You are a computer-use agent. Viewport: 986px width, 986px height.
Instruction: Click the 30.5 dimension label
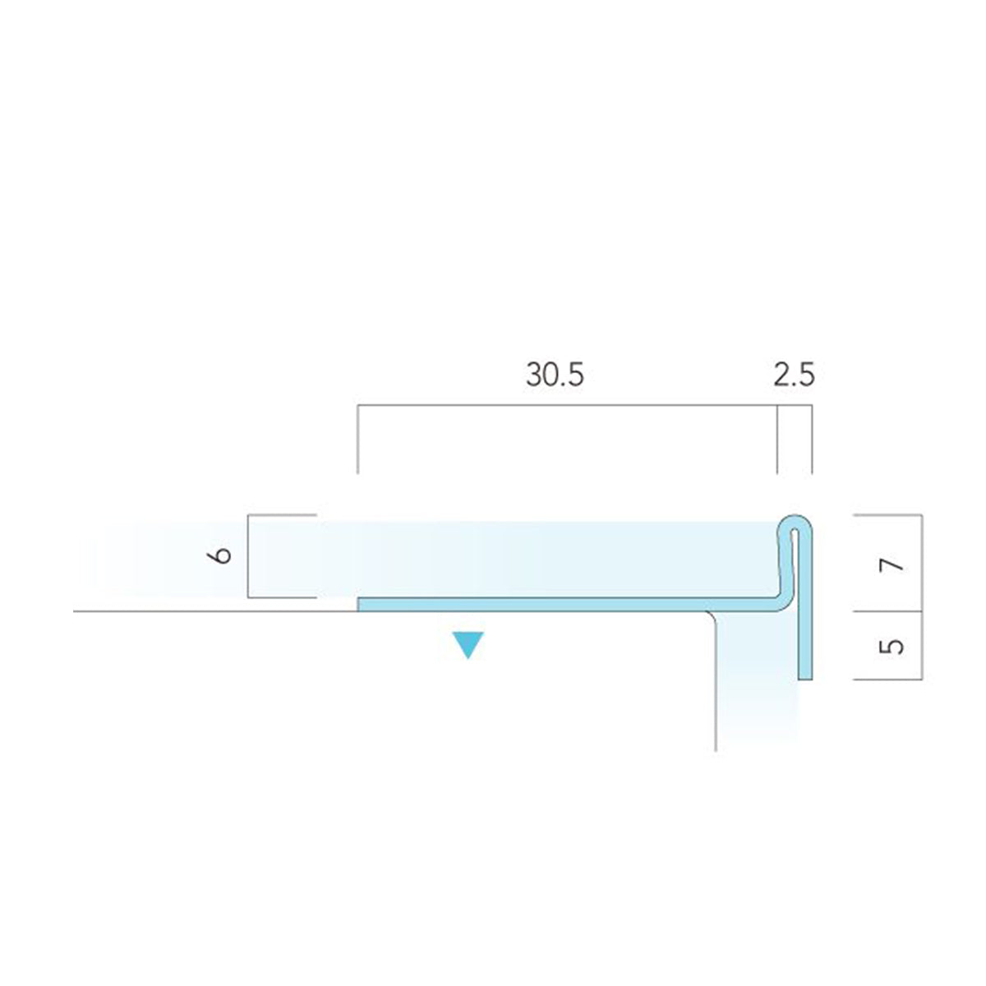click(x=555, y=375)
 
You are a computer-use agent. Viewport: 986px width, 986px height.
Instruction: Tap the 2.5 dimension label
click(x=794, y=375)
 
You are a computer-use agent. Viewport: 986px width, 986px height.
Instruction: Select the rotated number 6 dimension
click(x=222, y=555)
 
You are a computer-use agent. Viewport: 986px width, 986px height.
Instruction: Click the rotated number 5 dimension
click(x=892, y=646)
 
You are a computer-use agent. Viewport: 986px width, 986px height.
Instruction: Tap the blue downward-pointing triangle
click(x=468, y=645)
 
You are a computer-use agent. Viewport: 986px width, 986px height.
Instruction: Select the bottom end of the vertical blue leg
click(x=805, y=680)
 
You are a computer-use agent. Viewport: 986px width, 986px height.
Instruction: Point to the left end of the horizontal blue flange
click(x=358, y=604)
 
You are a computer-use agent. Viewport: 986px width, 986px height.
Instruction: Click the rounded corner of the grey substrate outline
click(x=712, y=616)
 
